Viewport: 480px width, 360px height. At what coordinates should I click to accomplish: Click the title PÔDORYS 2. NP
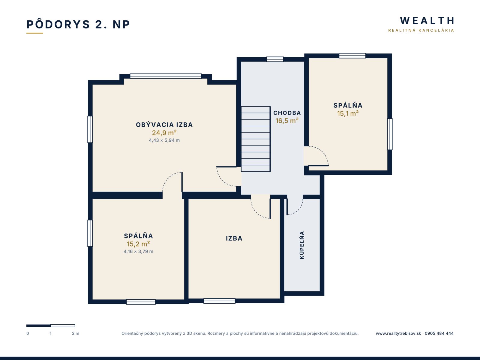[x=78, y=24]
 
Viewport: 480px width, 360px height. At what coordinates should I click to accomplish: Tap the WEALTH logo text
[x=427, y=21]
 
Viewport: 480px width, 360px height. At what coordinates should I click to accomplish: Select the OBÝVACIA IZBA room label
[x=164, y=124]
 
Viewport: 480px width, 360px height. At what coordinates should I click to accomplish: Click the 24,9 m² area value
[x=164, y=133]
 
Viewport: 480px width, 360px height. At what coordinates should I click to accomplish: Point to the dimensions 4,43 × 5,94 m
[x=164, y=140]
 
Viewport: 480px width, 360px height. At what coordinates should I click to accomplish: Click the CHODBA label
[x=287, y=113]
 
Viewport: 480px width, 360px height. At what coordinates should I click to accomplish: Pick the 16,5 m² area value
[x=287, y=121]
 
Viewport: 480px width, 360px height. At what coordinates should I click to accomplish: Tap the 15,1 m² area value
[x=348, y=113]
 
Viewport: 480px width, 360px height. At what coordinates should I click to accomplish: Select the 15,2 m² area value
[x=138, y=244]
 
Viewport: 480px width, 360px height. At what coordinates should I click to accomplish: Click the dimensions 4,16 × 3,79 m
[x=138, y=251]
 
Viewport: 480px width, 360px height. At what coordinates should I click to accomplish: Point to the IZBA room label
[x=234, y=238]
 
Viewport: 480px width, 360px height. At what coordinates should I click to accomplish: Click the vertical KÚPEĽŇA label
[x=302, y=245]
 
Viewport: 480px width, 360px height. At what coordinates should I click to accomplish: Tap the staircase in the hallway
[x=256, y=139]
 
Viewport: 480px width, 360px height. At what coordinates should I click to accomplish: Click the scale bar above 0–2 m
[x=51, y=326]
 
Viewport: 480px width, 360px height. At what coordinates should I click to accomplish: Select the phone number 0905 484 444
[x=439, y=333]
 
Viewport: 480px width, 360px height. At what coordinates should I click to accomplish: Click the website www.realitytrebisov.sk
[x=398, y=334]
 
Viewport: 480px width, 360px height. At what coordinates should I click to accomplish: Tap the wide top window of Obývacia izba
[x=166, y=76]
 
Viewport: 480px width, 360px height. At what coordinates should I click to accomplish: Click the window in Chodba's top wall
[x=275, y=59]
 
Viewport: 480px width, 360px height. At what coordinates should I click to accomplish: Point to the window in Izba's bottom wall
[x=219, y=301]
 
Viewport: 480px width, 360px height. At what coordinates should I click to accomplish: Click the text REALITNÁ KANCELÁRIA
[x=421, y=30]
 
